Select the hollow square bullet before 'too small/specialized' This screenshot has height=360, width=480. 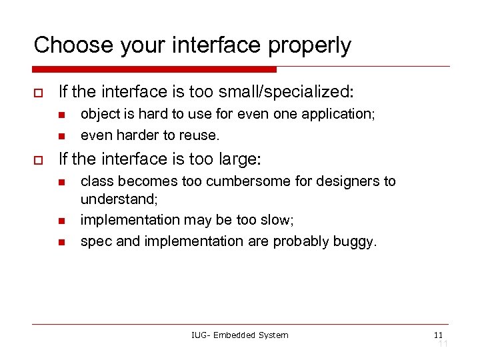[38, 92]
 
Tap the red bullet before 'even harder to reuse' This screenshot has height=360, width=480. [60, 135]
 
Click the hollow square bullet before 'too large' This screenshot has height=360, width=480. [38, 160]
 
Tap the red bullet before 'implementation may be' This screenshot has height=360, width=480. [60, 221]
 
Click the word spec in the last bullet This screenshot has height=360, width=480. [96, 241]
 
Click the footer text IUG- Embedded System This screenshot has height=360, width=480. [240, 335]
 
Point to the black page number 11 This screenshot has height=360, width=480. [438, 335]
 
